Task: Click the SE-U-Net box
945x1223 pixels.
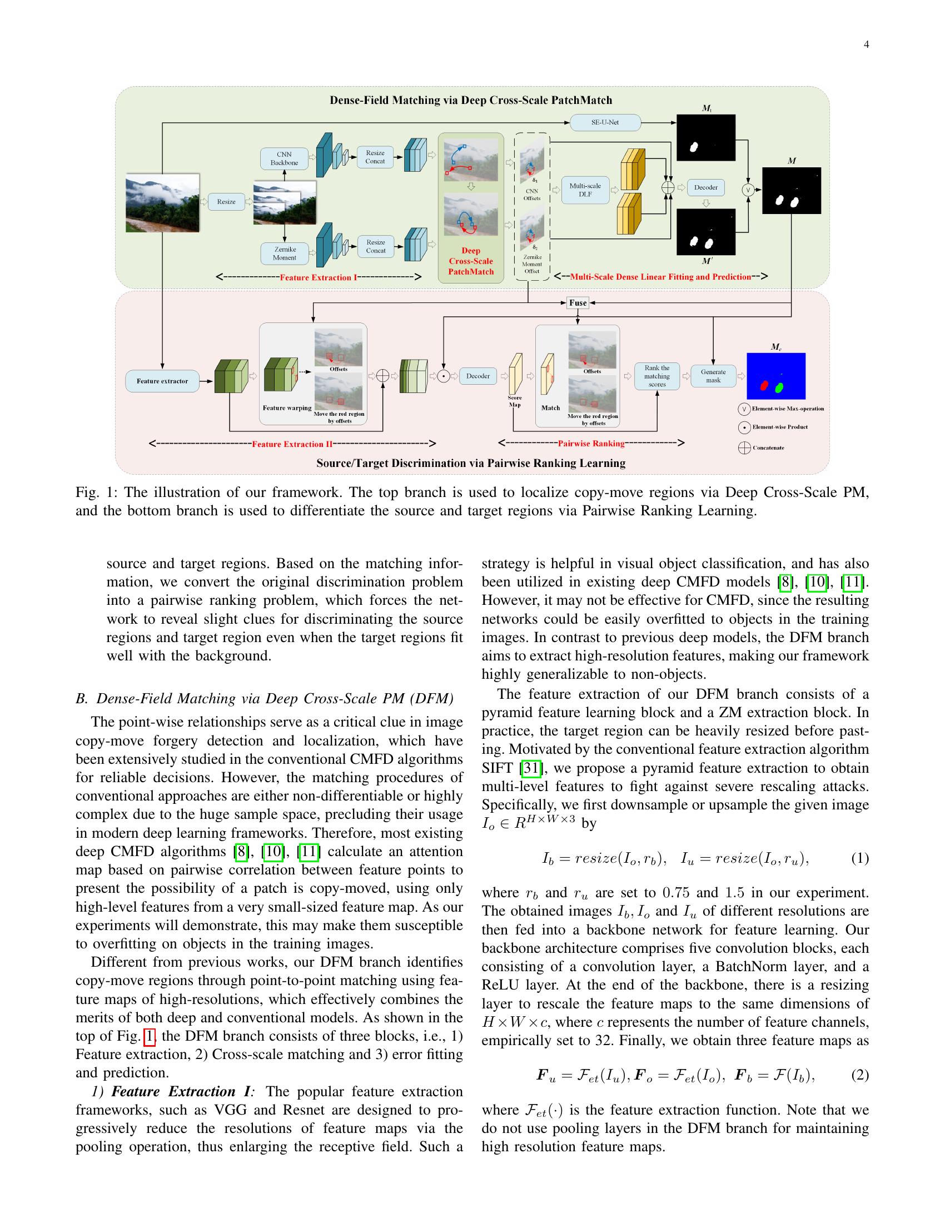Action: [605, 122]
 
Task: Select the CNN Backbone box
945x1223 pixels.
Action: [284, 158]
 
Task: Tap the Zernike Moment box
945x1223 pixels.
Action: [285, 253]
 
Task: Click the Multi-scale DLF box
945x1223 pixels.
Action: [584, 190]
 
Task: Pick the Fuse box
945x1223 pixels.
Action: [577, 302]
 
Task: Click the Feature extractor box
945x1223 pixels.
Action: [162, 381]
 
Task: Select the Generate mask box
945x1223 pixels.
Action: [713, 376]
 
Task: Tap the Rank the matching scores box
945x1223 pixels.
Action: [656, 376]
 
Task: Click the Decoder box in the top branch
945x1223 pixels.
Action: [705, 187]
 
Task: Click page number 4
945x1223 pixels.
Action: [866, 45]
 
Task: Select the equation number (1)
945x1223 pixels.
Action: [860, 858]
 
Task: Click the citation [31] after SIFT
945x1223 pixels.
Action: [530, 768]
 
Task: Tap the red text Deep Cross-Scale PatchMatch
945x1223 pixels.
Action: [471, 261]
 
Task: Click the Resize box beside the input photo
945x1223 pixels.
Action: [226, 202]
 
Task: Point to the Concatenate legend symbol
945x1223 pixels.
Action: [744, 448]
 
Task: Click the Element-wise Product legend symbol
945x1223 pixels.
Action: [744, 427]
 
